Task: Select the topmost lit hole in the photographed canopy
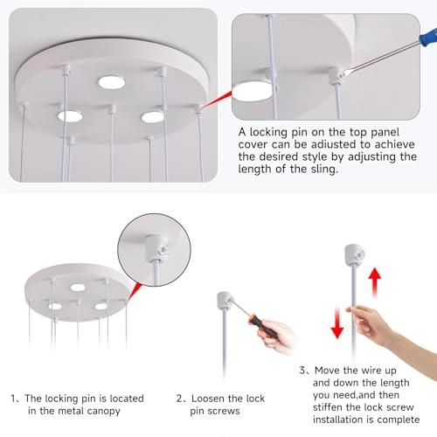coord(111,82)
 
